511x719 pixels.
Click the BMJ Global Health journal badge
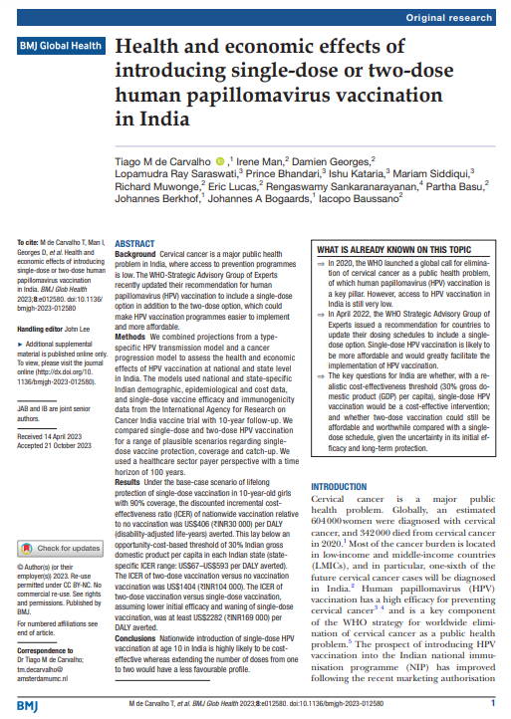point(59,46)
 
